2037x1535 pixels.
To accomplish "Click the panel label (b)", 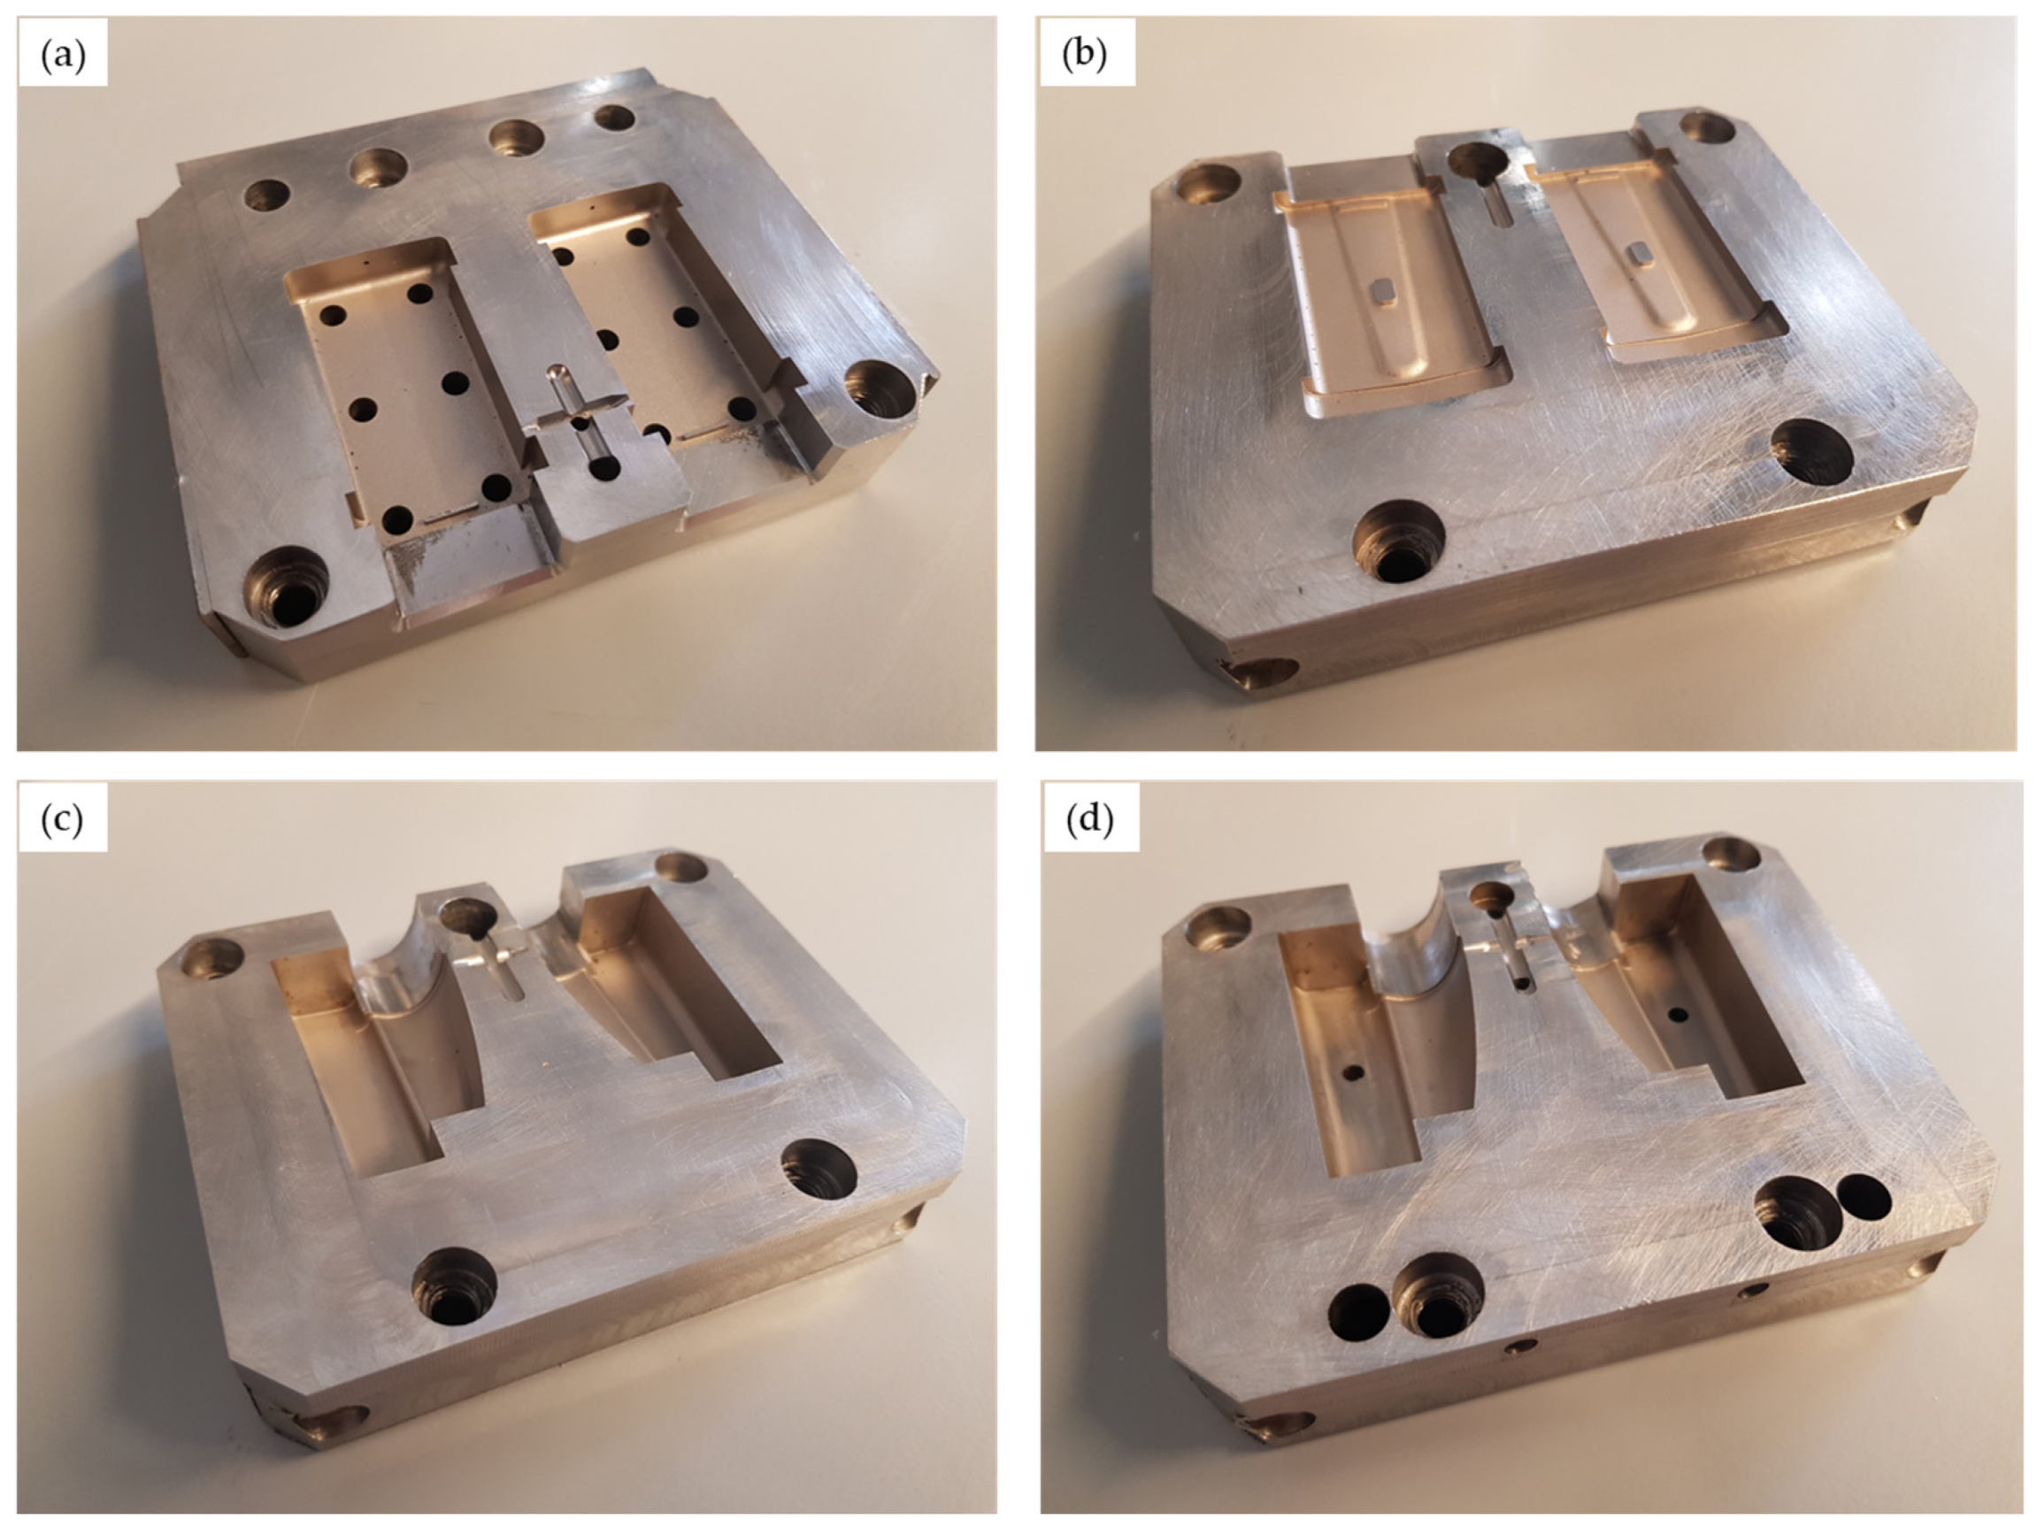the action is pos(1084,55).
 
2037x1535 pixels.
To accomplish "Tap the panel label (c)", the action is pos(63,818).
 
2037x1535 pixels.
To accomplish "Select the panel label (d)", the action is pos(1089,817).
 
